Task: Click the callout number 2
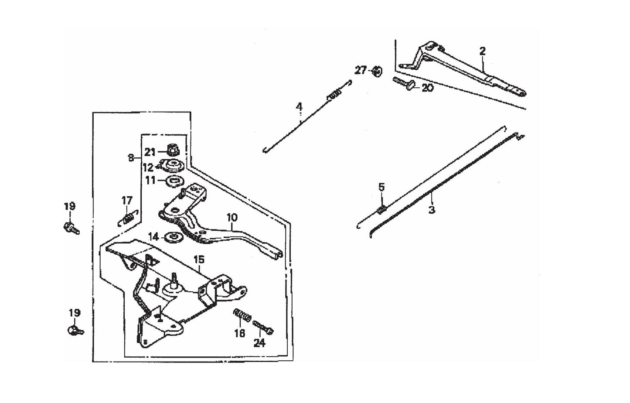[x=482, y=51]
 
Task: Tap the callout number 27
[x=361, y=70]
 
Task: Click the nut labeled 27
[x=376, y=71]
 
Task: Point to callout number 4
[x=299, y=106]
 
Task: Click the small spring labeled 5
[x=381, y=210]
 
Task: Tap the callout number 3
[x=432, y=209]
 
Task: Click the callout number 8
[x=131, y=158]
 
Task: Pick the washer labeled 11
[x=176, y=180]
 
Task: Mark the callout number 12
[x=148, y=167]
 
